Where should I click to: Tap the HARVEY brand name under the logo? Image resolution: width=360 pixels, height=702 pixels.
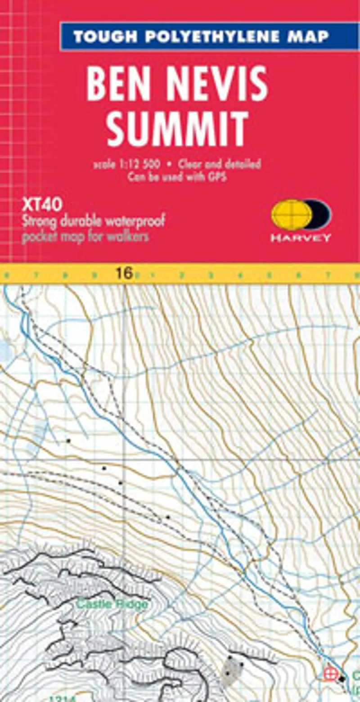301,238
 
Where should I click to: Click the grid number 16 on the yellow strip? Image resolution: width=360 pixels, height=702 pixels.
124,273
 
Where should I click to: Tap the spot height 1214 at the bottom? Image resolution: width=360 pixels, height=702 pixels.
60,698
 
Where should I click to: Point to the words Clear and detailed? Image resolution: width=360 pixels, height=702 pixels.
220,164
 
